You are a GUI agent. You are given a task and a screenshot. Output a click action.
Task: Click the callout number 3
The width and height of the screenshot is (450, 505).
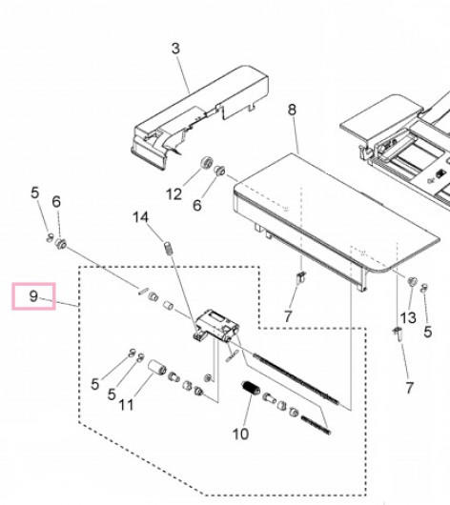coord(175,49)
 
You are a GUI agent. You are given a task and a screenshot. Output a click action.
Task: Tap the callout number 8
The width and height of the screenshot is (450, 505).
coord(292,110)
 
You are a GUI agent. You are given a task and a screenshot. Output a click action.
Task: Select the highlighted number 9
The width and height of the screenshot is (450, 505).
coord(33,296)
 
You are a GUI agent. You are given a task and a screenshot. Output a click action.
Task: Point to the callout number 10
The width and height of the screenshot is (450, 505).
coord(241,434)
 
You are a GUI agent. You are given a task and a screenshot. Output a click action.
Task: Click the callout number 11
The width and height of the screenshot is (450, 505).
coord(127,405)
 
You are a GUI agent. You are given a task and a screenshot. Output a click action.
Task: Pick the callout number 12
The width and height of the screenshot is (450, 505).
coord(174,194)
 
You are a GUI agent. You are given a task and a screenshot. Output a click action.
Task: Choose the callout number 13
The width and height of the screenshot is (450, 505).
coord(408,318)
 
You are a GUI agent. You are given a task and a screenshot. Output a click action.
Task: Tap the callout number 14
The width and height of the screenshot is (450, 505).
coord(141,217)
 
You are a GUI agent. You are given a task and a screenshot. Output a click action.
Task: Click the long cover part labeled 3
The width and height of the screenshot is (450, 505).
coord(200,117)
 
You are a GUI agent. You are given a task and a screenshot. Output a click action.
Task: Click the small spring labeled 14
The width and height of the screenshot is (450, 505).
coord(168,249)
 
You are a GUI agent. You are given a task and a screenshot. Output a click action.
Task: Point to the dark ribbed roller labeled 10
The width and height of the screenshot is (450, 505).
coord(251,388)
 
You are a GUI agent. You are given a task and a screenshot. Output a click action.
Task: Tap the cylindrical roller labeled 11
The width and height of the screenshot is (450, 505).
coord(157,368)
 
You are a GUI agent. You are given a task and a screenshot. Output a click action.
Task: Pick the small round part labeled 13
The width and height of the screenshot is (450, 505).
coord(412,281)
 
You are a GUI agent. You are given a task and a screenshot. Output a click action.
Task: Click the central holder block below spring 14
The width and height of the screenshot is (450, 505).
coord(216,325)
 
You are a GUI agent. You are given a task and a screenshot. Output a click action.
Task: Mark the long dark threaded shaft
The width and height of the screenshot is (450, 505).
coord(296,379)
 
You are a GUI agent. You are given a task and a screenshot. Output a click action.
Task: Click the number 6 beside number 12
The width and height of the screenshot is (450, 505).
coord(197,205)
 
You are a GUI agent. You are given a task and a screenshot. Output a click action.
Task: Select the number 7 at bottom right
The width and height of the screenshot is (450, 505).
coord(409,388)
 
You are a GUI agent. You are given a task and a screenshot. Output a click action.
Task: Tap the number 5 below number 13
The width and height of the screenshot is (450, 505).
coord(427,332)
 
